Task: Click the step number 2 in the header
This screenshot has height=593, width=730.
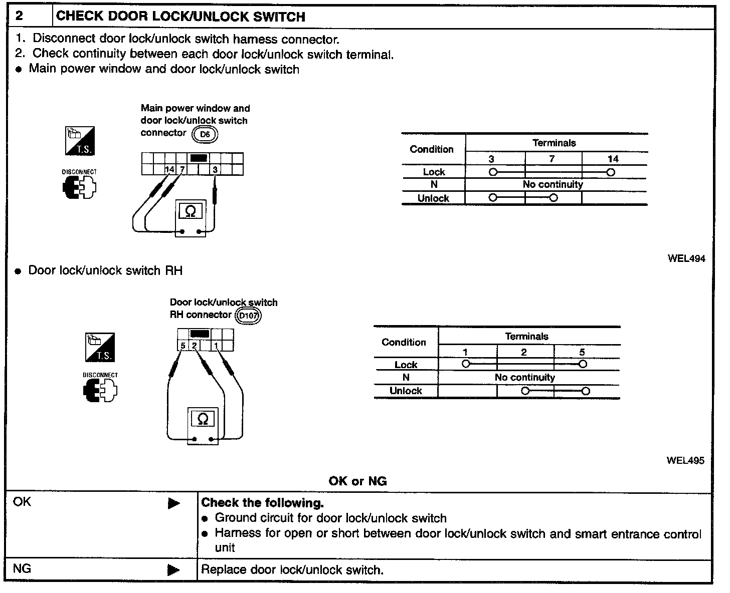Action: [x=19, y=16]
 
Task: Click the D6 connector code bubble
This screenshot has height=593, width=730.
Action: [x=205, y=134]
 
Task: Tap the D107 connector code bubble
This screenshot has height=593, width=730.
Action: [x=249, y=316]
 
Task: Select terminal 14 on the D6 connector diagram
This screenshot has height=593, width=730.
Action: [x=170, y=169]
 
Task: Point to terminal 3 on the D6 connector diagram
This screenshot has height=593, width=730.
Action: [x=215, y=169]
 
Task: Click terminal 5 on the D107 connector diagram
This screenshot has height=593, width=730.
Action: [x=183, y=346]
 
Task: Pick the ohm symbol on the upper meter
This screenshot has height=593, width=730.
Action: [x=191, y=211]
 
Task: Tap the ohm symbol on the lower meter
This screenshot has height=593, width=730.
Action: [x=203, y=419]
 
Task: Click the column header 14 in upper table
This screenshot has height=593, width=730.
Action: [x=613, y=159]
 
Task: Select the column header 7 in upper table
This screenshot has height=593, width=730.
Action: [x=552, y=159]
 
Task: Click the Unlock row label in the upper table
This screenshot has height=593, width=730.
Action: [x=433, y=198]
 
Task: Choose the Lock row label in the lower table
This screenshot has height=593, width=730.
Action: [x=406, y=365]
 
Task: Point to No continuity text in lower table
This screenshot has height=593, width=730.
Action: [x=524, y=377]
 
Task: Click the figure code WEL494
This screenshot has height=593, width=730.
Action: [x=686, y=258]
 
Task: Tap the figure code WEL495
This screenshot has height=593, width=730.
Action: [x=685, y=460]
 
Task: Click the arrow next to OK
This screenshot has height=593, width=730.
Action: [x=174, y=503]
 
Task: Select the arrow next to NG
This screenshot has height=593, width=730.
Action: [x=174, y=569]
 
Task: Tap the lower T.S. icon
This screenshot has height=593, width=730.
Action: [x=100, y=347]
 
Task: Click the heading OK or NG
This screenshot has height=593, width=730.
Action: [x=357, y=481]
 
